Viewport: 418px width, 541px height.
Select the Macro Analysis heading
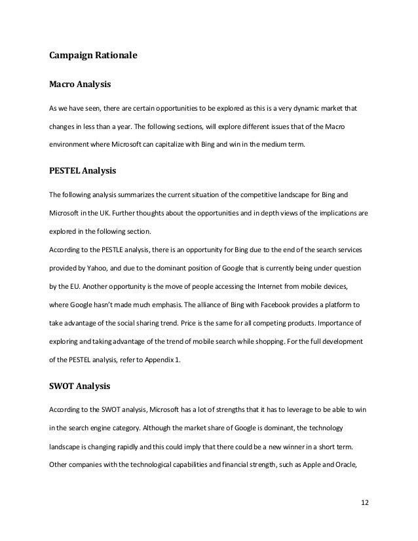81,84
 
